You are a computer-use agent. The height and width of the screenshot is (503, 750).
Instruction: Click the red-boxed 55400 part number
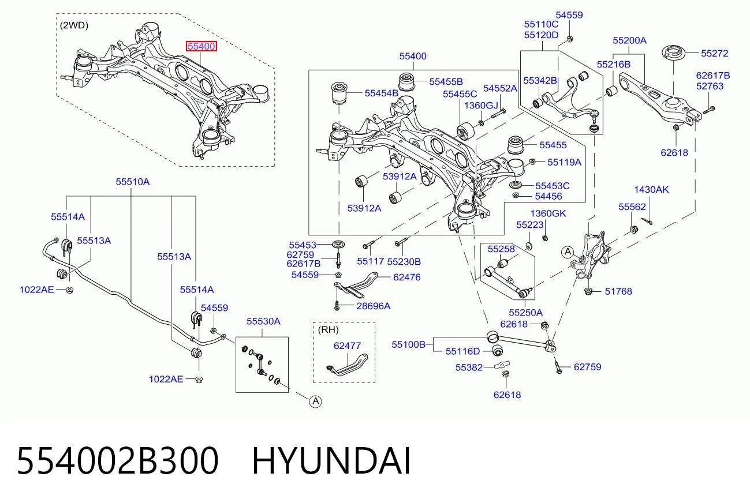202,46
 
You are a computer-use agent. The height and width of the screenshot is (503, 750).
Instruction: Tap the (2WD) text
74,25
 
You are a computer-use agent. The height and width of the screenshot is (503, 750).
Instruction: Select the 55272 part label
715,53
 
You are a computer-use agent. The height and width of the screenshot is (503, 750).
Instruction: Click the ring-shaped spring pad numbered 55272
673,53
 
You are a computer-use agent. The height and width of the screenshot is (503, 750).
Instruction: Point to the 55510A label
133,182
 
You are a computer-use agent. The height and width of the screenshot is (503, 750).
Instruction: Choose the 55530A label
263,321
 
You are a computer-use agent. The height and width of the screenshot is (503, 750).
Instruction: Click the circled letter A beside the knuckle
568,251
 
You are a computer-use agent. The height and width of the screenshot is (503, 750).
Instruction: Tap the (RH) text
328,330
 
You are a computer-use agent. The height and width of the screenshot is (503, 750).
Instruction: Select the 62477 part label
347,346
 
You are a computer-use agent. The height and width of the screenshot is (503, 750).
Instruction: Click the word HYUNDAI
331,461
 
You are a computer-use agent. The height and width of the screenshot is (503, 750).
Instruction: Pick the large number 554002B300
118,461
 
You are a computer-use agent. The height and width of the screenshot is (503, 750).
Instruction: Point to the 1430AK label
651,189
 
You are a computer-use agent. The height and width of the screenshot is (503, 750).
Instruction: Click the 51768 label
618,291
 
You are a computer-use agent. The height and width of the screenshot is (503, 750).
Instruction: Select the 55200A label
629,40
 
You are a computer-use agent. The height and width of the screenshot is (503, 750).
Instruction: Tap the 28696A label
374,306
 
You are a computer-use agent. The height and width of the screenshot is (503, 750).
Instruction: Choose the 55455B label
446,81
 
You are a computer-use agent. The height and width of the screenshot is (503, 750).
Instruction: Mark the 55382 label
469,367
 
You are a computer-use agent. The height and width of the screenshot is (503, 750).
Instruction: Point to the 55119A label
564,162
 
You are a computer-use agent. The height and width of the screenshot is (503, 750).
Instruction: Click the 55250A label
525,313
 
